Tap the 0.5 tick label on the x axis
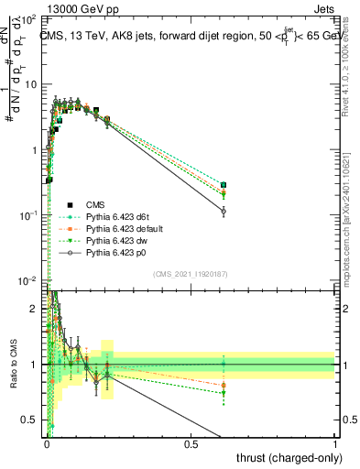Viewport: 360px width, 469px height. pyautogui.click(x=191, y=442)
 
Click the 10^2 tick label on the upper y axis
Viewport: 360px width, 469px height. pyautogui.click(x=28, y=18)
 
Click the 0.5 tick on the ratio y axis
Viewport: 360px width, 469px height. pyautogui.click(x=33, y=420)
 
